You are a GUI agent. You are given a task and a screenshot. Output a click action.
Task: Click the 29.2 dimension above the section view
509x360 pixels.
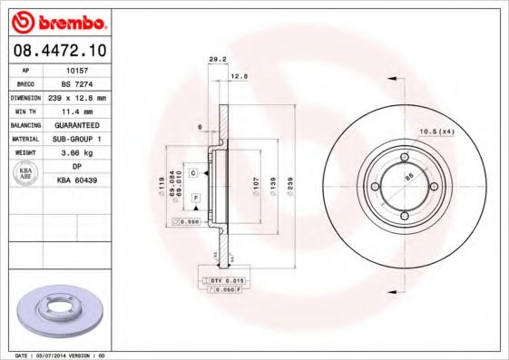[217, 59]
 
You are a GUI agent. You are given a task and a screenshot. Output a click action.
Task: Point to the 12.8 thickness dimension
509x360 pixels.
[239, 77]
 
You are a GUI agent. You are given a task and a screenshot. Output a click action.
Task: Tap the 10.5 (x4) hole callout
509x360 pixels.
[434, 133]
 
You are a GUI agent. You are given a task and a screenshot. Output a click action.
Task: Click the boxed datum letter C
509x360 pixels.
[193, 170]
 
